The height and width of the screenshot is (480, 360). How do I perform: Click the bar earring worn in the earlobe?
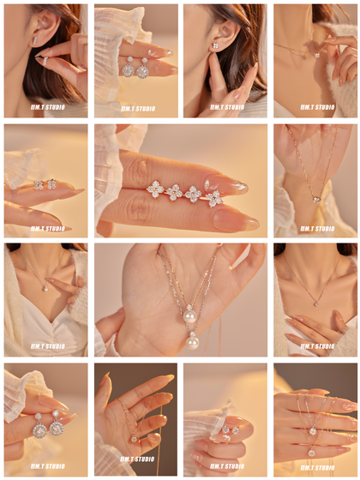pos(35,40)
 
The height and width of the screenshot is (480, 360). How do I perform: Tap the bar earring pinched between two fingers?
pos(45,61)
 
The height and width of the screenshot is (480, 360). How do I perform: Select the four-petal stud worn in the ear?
pos(215,46)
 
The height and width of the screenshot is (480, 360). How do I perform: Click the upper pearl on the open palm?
pos(189,315)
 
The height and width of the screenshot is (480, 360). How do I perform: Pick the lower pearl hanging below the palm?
pos(193,343)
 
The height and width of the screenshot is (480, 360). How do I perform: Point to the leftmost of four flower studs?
pos(154,189)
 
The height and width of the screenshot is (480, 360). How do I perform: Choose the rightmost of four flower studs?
pos(214,198)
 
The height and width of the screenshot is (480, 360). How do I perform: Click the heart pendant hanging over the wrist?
pos(316,200)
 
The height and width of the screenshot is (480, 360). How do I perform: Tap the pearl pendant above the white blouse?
pos(45,289)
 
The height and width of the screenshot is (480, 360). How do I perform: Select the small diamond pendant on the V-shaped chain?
pos(316,303)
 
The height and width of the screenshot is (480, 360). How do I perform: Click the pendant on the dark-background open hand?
pos(134,439)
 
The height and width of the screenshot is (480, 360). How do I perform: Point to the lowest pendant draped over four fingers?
pos(312,453)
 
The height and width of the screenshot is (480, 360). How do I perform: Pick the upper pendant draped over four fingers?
pos(312,431)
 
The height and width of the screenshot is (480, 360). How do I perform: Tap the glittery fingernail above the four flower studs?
pos(226,185)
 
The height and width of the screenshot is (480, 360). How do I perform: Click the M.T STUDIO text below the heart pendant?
pos(317,229)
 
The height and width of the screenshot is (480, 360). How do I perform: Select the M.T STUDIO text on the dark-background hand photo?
pos(137,459)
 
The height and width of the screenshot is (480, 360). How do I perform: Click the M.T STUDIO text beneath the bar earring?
pos(47,107)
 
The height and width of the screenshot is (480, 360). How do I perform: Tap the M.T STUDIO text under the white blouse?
pos(47,346)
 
